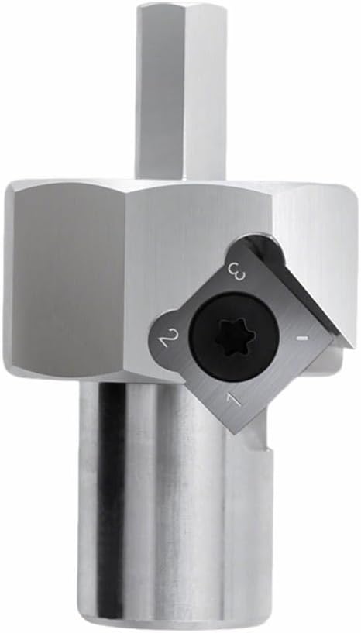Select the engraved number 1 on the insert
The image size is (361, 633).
point(234,401)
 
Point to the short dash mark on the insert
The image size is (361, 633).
point(301,339)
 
